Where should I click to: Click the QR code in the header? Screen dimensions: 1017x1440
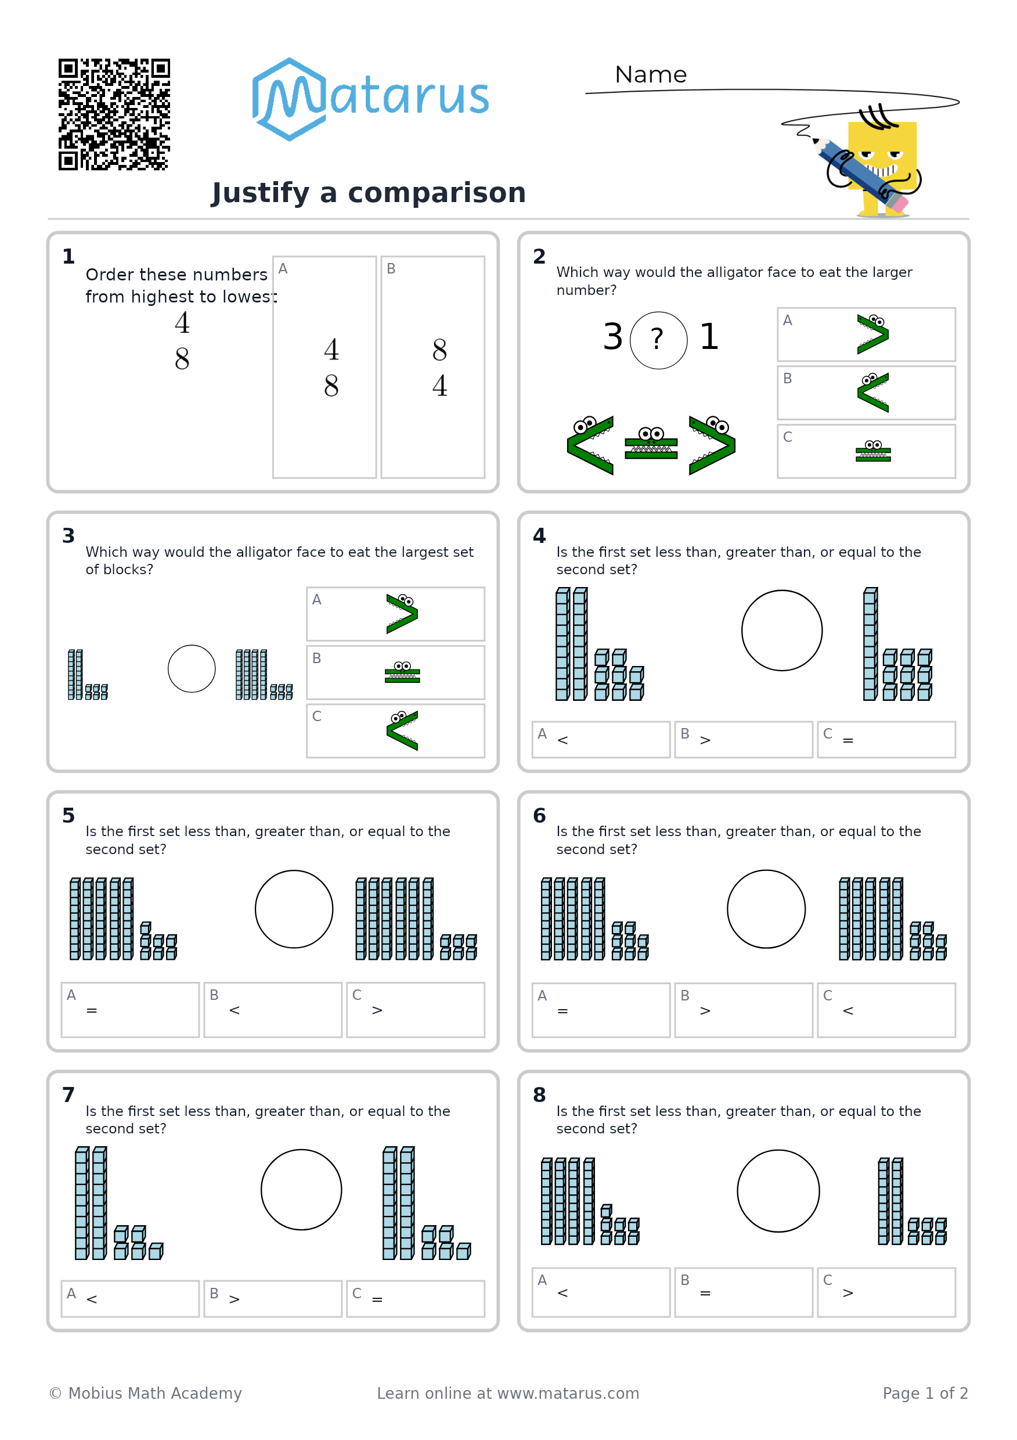[114, 114]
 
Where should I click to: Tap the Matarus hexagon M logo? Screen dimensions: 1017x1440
[289, 99]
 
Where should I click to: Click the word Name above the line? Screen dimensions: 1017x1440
[650, 75]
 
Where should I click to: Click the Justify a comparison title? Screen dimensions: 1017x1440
[369, 193]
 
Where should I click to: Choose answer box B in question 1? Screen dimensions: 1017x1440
[432, 367]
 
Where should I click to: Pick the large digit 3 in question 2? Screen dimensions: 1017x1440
[612, 337]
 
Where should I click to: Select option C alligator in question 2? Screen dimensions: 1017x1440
[873, 451]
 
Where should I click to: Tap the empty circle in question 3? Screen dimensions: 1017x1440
[192, 668]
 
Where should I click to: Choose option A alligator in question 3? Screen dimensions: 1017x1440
[402, 613]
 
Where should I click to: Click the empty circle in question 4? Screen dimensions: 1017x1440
[782, 631]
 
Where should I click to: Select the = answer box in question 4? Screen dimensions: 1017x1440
[886, 739]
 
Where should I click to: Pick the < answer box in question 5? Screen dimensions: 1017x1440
[273, 1010]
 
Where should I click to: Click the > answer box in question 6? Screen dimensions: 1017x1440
[744, 1010]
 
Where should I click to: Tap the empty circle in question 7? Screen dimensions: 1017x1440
[302, 1190]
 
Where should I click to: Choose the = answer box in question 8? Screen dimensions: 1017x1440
[744, 1293]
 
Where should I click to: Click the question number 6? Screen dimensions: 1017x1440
[539, 815]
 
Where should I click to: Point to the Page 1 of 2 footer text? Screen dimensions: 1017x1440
[925, 1393]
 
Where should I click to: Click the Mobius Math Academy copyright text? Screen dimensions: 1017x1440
[146, 1393]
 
